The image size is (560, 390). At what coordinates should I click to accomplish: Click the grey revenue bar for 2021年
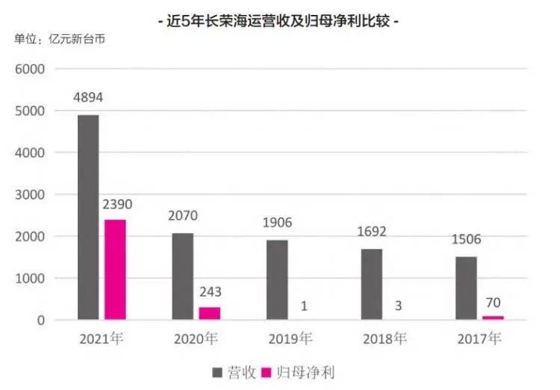87,217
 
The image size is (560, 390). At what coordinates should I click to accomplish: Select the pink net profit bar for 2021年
115,270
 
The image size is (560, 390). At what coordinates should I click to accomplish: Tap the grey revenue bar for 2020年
183,276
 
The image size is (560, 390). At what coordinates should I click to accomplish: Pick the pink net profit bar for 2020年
210,313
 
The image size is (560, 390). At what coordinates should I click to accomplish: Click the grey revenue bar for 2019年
277,279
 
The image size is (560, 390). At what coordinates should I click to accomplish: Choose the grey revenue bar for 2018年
372,285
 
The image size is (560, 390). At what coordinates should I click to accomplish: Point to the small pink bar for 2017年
493,318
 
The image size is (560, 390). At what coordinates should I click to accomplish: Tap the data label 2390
115,205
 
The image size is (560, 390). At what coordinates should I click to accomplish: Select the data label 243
210,292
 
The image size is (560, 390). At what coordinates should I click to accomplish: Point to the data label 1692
372,233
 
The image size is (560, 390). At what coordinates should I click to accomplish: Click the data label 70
493,303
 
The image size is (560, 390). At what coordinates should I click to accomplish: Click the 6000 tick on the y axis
31,69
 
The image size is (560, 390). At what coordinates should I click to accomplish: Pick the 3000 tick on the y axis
31,194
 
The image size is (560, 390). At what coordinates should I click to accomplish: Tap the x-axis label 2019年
290,338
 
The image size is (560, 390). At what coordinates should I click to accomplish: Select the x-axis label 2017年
479,338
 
